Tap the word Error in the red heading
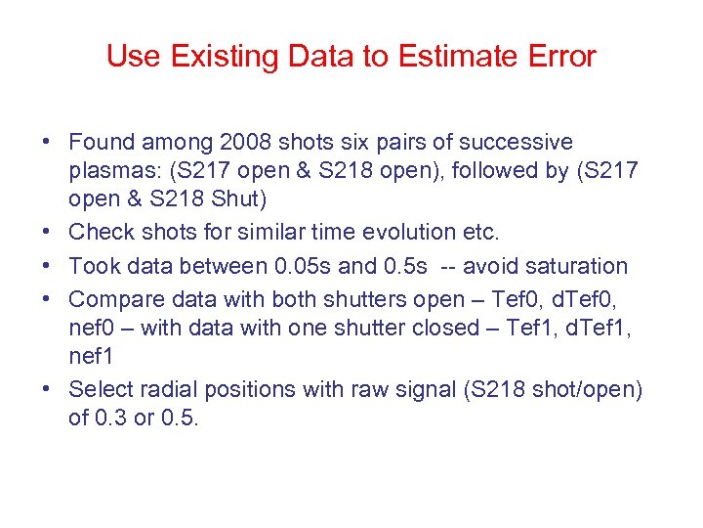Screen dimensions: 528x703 (x=558, y=57)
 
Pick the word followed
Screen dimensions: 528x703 (x=474, y=171)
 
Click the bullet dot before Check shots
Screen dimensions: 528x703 (x=47, y=233)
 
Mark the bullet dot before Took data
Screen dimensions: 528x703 (x=47, y=266)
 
